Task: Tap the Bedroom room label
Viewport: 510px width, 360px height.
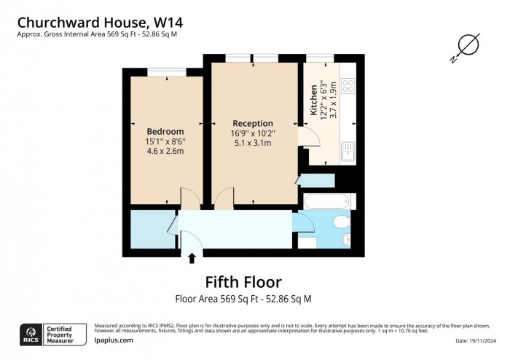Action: (x=165, y=131)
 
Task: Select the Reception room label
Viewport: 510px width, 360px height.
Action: (x=253, y=123)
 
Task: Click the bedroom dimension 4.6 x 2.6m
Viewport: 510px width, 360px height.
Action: (x=165, y=151)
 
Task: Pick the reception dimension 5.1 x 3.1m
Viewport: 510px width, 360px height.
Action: (x=253, y=143)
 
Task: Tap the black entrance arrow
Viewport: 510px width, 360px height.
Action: (x=192, y=257)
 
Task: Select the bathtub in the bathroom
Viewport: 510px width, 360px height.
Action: (x=326, y=202)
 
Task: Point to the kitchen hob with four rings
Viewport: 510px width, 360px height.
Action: (x=348, y=85)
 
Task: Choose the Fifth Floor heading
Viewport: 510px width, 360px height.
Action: (x=243, y=281)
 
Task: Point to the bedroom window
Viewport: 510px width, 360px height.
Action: (x=165, y=71)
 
